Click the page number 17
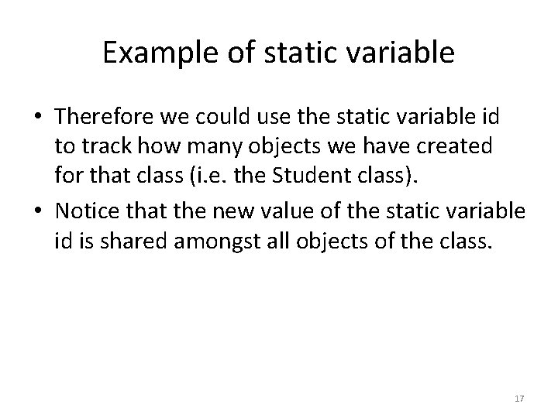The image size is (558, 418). [x=519, y=398]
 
